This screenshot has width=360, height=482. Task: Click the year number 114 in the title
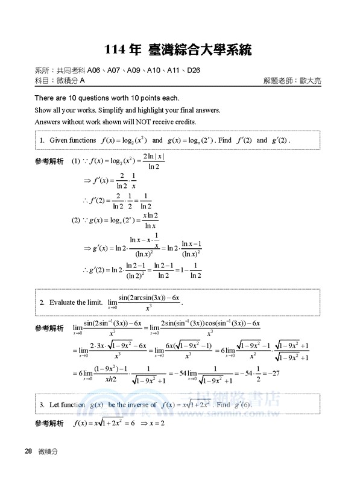pyautogui.click(x=115, y=48)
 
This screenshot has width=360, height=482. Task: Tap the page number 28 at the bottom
pyautogui.click(x=28, y=451)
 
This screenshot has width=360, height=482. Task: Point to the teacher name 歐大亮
pyautogui.click(x=308, y=80)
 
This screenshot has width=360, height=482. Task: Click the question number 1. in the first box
pyautogui.click(x=42, y=140)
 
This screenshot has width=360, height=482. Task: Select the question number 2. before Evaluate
pyautogui.click(x=42, y=302)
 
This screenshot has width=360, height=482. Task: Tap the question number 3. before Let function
pyautogui.click(x=42, y=404)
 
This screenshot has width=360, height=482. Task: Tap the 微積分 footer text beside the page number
pyautogui.click(x=47, y=451)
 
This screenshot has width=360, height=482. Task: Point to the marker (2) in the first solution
pyautogui.click(x=76, y=220)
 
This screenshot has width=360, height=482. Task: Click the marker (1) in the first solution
pyautogui.click(x=76, y=161)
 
